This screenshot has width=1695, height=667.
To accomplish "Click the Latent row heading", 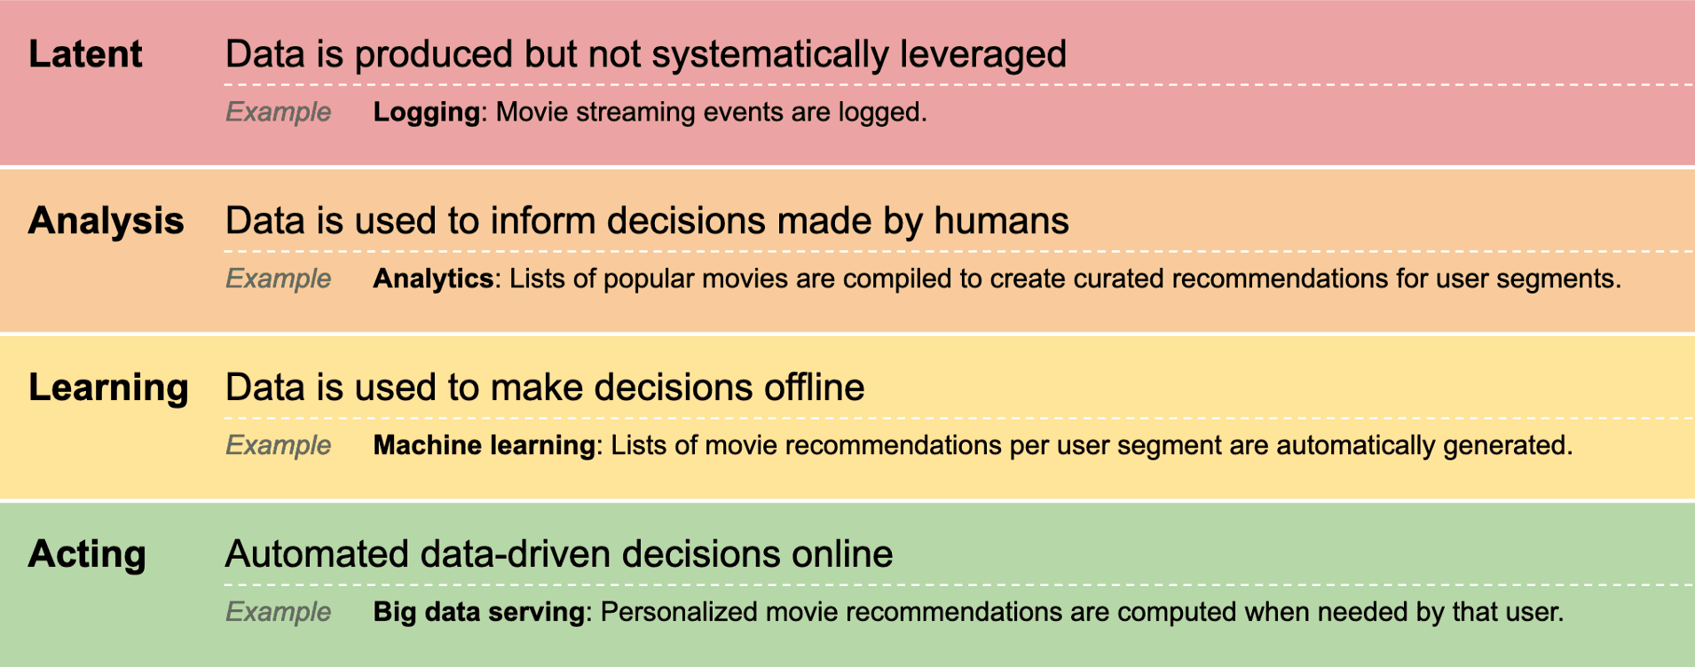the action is click(x=85, y=54).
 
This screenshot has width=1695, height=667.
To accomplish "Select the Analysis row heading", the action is click(x=106, y=222).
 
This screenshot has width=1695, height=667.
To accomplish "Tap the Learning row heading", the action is click(x=108, y=388).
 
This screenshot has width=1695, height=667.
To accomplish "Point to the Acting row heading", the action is click(x=87, y=555).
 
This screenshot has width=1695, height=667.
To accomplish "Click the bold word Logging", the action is click(x=427, y=113).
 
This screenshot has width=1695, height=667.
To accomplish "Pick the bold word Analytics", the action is click(x=433, y=279).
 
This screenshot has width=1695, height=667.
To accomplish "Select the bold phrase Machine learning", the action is click(x=485, y=445).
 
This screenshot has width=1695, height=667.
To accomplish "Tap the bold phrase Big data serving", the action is click(x=479, y=612).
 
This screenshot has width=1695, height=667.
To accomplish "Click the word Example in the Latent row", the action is click(x=279, y=113).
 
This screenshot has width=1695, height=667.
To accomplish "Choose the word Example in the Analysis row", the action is click(x=279, y=279).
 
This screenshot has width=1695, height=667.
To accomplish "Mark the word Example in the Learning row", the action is click(x=279, y=445).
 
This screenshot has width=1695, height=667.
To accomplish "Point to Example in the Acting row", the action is click(x=279, y=612).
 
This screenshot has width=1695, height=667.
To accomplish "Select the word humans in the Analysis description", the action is click(x=1001, y=221).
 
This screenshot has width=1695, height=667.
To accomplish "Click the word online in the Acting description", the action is click(x=842, y=554).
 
